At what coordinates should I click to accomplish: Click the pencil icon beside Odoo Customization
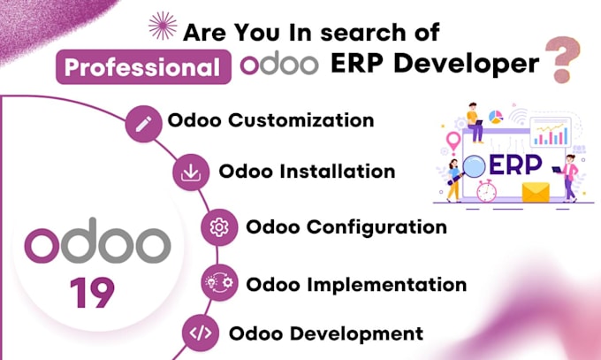pos(144,124)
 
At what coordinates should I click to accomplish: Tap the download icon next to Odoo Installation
pos(191,172)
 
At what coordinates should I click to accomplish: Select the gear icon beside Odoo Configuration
pos(219,227)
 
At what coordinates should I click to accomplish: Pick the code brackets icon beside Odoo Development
pos(201,333)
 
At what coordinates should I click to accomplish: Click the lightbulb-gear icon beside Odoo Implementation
pos(219,283)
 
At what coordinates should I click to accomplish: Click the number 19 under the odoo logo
pos(92,293)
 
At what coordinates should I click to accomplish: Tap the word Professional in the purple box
pos(142,67)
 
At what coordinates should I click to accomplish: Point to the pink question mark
pos(563,59)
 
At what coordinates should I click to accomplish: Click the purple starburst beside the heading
pos(163,26)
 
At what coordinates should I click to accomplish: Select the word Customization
pos(301,120)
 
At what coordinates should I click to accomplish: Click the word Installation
pos(338,172)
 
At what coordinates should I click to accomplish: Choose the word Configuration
pos(377,227)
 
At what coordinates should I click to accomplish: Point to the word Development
pos(356,333)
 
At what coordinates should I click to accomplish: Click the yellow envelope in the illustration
pos(536,192)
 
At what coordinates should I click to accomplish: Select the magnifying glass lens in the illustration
pos(474,166)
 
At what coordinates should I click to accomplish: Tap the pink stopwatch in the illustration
pos(487,190)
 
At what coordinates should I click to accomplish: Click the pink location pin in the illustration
pos(453,142)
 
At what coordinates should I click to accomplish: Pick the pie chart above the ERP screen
pos(496,117)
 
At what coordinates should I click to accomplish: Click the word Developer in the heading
pos(467,65)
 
